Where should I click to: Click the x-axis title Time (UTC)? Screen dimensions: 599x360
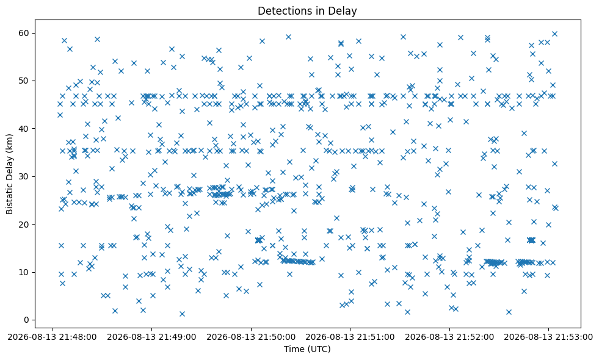[x=307, y=349]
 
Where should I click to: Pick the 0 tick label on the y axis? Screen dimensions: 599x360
[x=27, y=320]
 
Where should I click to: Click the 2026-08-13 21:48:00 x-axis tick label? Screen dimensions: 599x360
[x=53, y=337]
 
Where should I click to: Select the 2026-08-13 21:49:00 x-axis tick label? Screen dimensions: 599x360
[x=151, y=337]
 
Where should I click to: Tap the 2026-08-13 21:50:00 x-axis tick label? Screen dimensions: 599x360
[x=251, y=337]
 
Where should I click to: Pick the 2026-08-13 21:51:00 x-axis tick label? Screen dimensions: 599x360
[x=350, y=337]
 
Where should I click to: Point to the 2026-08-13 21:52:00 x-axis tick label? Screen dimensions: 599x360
[x=449, y=337]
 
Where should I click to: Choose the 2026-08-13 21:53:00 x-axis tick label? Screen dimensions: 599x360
[x=548, y=337]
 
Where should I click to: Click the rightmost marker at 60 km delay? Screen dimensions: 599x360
[x=554, y=34]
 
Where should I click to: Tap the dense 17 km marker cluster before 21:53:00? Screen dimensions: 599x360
[x=531, y=240]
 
